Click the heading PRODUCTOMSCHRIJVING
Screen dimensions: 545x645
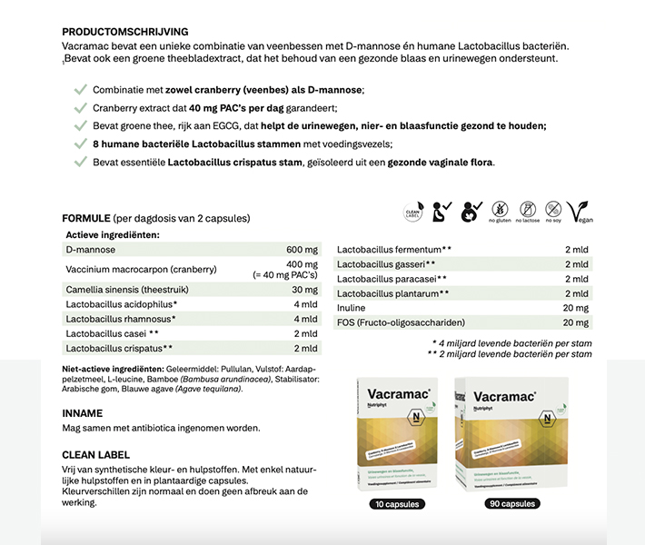coord(125,32)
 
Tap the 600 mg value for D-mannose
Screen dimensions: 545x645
coord(301,250)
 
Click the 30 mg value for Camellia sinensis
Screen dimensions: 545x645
coord(304,290)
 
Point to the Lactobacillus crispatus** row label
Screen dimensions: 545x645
coord(119,348)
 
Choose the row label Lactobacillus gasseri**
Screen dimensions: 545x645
coord(392,264)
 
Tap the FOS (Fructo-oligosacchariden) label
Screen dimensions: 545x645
coord(401,322)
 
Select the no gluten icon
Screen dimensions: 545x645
coord(500,213)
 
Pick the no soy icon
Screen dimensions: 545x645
coord(552,213)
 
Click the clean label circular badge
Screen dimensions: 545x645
coord(412,213)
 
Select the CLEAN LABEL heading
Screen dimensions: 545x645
coord(95,454)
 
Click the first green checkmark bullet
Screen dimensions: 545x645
coord(79,89)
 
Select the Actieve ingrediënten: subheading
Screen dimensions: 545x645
coord(113,234)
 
